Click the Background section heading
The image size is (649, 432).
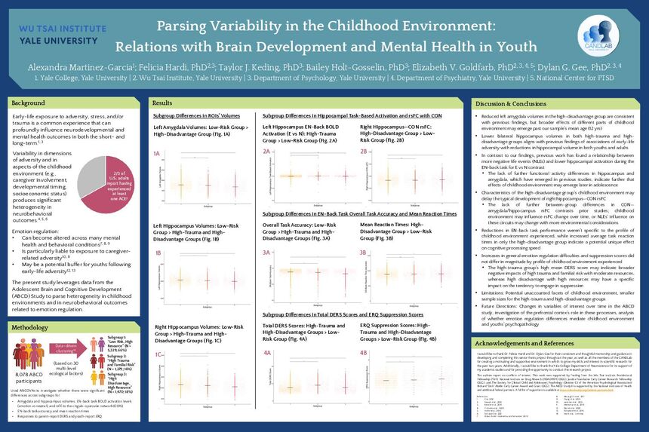coord(29,102)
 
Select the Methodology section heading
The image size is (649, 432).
coord(32,328)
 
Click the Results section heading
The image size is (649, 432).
coord(162,102)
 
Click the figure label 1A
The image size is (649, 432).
coord(157,153)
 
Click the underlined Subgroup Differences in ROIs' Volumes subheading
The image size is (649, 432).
coord(196,116)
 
